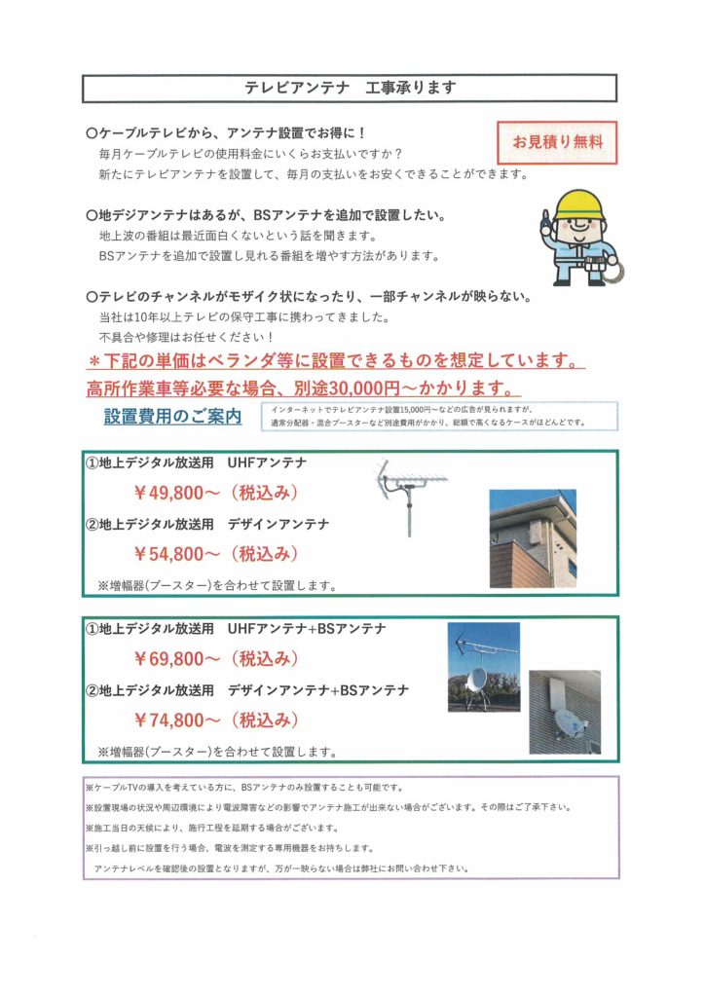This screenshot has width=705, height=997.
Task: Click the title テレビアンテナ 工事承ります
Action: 350,88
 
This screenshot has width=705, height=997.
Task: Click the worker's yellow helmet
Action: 580,205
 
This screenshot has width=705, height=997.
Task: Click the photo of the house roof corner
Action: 532,538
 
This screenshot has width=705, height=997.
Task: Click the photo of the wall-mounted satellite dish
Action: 565,713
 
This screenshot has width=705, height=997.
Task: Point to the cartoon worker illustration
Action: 581,237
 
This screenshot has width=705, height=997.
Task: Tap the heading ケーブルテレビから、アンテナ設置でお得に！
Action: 226,132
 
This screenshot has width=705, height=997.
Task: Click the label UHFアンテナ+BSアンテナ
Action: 306,629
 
